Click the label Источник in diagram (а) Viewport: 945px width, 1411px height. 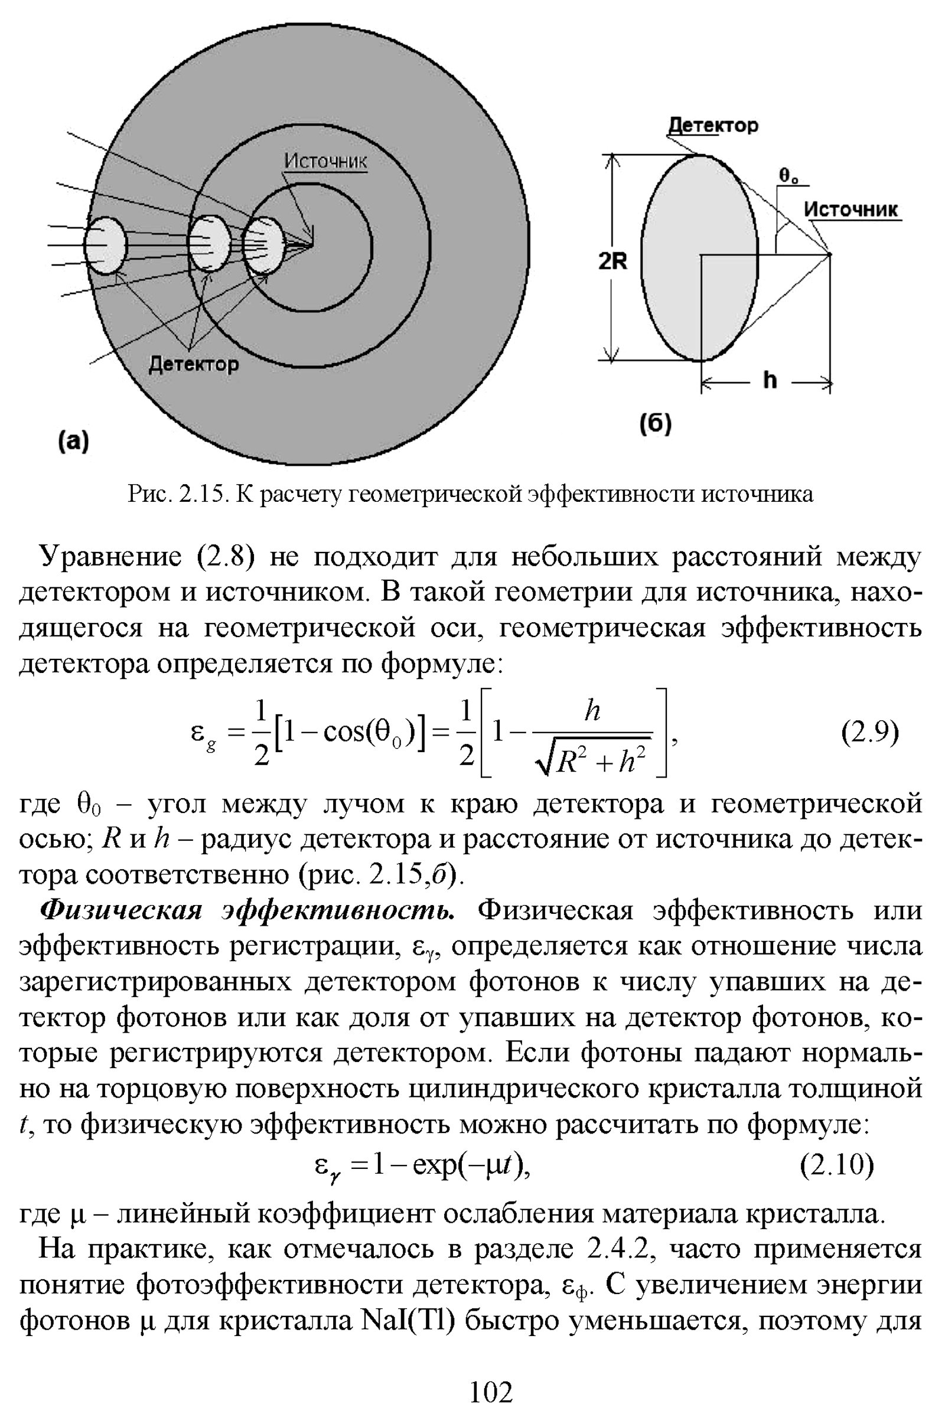pyautogui.click(x=325, y=161)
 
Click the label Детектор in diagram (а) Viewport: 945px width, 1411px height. pyautogui.click(x=194, y=364)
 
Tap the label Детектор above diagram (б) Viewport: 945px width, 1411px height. pyautogui.click(x=713, y=125)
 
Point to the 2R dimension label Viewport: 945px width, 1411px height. pyautogui.click(x=612, y=262)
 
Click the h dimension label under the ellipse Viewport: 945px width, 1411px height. pyautogui.click(x=770, y=380)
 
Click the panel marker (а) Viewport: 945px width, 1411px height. pyautogui.click(x=73, y=442)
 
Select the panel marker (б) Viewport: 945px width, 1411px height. pyautogui.click(x=655, y=423)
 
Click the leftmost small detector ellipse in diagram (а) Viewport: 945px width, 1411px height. pyautogui.click(x=106, y=245)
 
